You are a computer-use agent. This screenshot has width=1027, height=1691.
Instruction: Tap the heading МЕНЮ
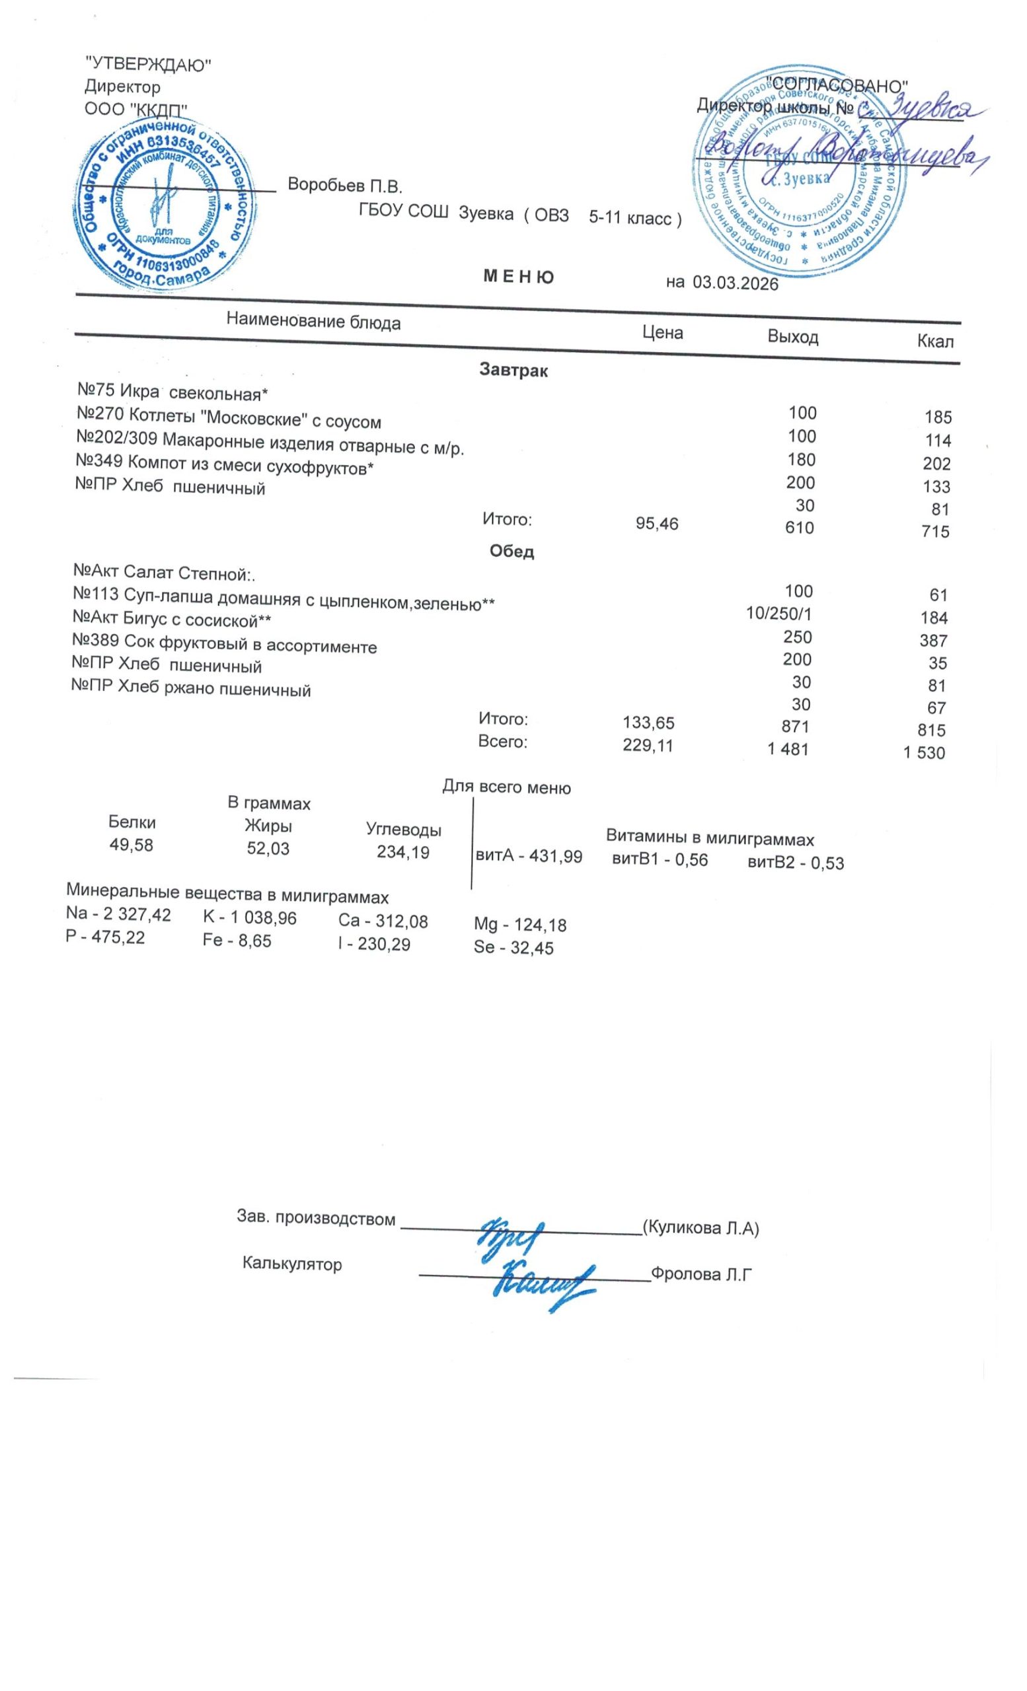tap(518, 277)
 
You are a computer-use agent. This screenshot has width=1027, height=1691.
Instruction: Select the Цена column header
tap(662, 333)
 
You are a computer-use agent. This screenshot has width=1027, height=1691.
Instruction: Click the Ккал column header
tap(935, 341)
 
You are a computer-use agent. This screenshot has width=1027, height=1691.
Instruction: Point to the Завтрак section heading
tap(513, 371)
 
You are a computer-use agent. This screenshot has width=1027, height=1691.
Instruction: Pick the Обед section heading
tap(512, 551)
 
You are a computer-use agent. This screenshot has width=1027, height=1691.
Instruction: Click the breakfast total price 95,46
tap(657, 524)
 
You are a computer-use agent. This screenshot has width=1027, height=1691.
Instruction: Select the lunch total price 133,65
tap(648, 723)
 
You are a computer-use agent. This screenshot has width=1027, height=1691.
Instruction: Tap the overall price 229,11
tap(648, 745)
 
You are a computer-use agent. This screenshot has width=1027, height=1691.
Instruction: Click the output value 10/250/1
tap(779, 614)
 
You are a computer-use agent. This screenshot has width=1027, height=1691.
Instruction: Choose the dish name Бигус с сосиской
tap(172, 620)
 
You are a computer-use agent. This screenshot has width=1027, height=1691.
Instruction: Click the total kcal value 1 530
tap(923, 753)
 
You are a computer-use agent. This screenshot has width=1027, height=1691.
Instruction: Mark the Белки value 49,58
tap(131, 845)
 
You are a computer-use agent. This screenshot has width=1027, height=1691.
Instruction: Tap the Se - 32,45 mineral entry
tap(513, 948)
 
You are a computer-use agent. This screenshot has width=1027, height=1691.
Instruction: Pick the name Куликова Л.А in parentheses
tap(701, 1228)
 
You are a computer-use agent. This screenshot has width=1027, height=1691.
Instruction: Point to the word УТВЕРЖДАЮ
tap(147, 65)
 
